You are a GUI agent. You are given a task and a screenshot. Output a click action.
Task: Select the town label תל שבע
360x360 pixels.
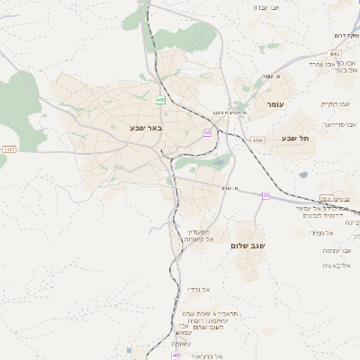(295, 138)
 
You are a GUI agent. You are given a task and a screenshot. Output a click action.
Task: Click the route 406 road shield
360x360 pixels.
(160, 99)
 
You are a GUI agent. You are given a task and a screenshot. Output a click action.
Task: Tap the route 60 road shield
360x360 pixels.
(207, 132)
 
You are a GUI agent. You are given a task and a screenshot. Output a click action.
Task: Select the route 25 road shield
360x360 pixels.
(265, 194)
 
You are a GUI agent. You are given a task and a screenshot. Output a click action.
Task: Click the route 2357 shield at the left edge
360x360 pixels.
(9, 148)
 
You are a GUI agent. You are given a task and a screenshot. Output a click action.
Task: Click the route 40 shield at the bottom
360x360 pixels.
(175, 355)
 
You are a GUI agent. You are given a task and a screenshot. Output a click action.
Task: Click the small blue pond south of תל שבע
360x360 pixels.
(303, 175)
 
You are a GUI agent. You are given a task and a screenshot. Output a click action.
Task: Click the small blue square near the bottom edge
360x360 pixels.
(130, 351)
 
